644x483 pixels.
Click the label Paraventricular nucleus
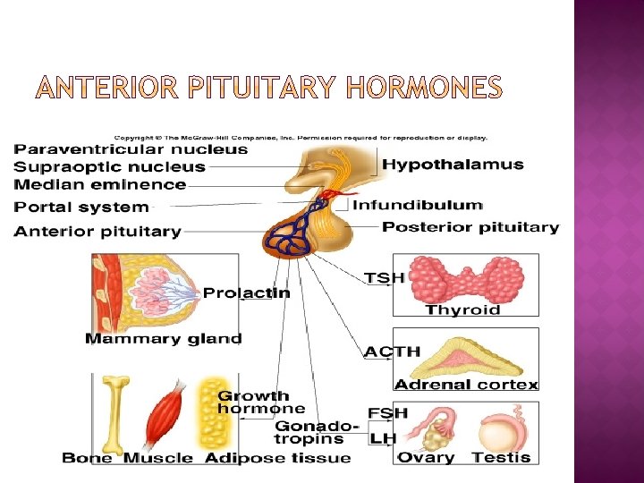tap(131, 149)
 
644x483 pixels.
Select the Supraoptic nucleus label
tap(110, 167)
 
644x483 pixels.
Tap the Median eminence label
tap(100, 185)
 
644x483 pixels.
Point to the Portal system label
tap(81, 208)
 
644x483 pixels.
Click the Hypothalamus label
tap(453, 165)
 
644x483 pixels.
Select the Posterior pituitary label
tap(470, 227)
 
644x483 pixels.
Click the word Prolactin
tap(246, 292)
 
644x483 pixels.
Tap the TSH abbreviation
tap(385, 278)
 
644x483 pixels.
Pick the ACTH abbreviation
tap(392, 352)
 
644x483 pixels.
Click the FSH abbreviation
tap(387, 413)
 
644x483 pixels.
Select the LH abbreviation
tap(383, 438)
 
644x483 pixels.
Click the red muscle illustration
tap(166, 414)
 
